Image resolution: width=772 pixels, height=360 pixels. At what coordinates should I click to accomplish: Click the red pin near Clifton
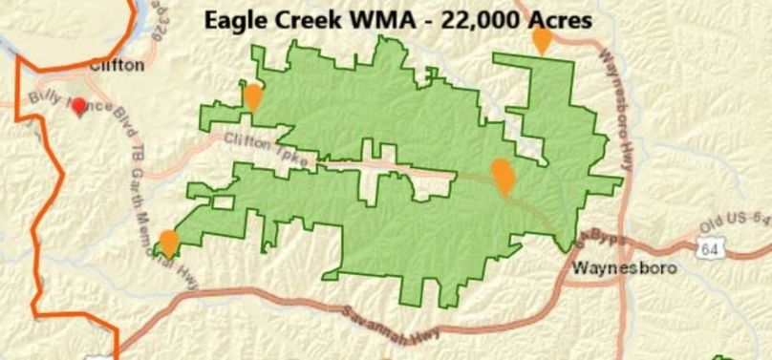[x=79, y=106]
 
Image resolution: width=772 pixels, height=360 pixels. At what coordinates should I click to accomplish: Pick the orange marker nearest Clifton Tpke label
[x=253, y=96]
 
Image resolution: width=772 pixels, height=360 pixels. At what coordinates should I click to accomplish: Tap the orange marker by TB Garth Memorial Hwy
[x=169, y=243]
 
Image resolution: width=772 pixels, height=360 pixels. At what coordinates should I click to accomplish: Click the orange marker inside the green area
[x=502, y=176]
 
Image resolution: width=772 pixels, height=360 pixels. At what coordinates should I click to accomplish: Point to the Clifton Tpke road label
[x=267, y=151]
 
